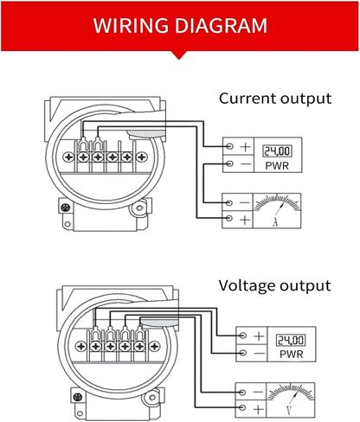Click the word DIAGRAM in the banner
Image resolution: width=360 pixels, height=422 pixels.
221,25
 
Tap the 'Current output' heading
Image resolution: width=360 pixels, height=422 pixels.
275,99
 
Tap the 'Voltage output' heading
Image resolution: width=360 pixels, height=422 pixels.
274,285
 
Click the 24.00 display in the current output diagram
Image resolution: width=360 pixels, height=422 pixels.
277,151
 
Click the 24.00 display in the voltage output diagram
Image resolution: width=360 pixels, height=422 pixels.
291,340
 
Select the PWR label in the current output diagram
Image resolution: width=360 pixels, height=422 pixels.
277,165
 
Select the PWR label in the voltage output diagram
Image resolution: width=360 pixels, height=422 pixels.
292,354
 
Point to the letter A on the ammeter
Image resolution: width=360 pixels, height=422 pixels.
275,222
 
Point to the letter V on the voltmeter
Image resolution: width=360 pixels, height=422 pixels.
289,410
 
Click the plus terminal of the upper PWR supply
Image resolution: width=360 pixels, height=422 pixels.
229,146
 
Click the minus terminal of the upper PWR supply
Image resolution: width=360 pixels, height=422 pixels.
229,163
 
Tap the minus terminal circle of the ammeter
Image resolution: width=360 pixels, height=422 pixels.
229,203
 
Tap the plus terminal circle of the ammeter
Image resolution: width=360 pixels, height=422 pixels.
229,218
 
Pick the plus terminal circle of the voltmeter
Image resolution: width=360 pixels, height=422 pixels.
242,407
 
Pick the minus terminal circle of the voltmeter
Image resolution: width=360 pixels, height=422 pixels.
242,393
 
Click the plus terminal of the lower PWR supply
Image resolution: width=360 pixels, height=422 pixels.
243,336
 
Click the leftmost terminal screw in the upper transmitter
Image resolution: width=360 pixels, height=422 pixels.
69,157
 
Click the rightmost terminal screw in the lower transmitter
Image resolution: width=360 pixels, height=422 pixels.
154,346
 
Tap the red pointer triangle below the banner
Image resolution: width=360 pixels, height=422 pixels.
179,55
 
